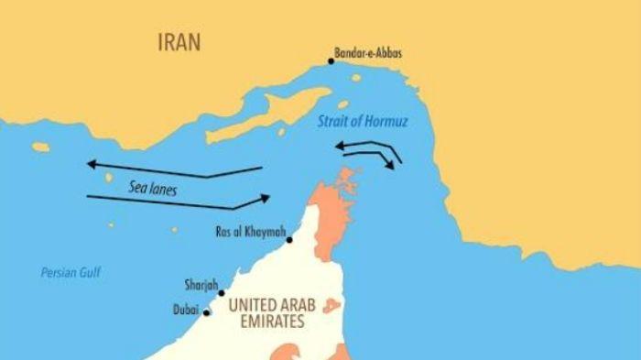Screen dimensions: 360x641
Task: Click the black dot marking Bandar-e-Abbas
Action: tap(331, 61)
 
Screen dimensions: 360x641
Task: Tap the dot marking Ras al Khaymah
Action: tap(290, 240)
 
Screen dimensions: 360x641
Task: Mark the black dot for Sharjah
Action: tap(222, 293)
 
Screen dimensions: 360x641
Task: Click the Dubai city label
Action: tap(186, 311)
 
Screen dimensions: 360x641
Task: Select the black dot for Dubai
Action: tap(207, 313)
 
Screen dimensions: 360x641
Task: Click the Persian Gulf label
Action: tap(71, 272)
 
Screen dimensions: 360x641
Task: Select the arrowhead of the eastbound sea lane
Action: tap(266, 197)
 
